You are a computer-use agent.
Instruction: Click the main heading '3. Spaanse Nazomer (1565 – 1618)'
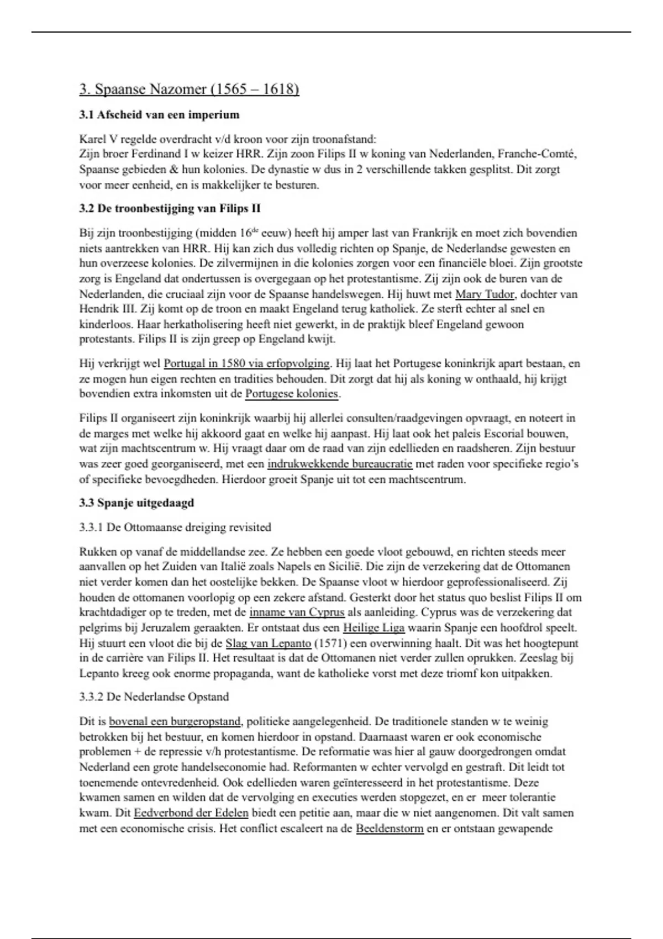(189, 89)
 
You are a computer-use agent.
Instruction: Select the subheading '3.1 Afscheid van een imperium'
(159, 115)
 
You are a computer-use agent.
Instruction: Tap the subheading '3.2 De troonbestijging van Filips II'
(170, 209)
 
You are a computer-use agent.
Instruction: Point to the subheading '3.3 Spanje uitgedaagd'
(136, 503)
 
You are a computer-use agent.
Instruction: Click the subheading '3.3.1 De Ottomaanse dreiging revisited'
(175, 527)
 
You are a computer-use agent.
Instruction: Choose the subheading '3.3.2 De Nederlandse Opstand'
(154, 697)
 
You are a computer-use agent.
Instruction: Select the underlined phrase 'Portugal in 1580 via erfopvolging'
(246, 364)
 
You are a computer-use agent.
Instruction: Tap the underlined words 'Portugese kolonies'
(292, 394)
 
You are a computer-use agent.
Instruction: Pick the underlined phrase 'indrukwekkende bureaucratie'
(340, 464)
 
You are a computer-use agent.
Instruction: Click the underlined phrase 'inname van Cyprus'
(297, 613)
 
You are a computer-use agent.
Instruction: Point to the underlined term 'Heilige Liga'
(373, 628)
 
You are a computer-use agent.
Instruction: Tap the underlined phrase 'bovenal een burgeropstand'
(175, 721)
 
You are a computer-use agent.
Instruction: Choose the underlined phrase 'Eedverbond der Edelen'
(191, 813)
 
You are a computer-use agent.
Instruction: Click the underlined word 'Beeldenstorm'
(390, 829)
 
